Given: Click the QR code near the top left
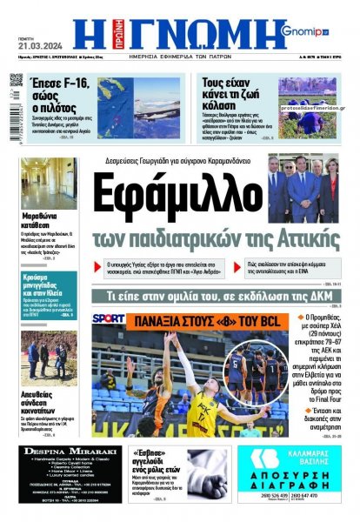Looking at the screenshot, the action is (16, 81).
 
